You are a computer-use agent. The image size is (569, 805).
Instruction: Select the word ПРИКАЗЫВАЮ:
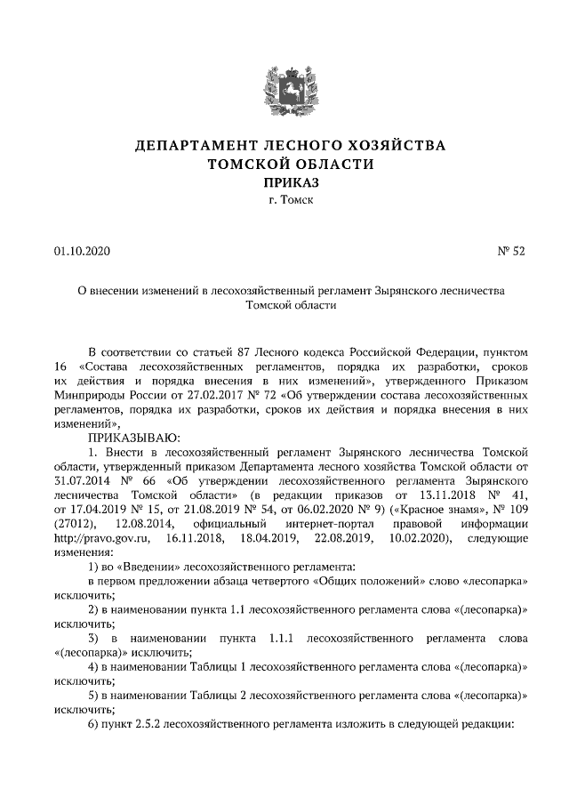(x=133, y=437)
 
